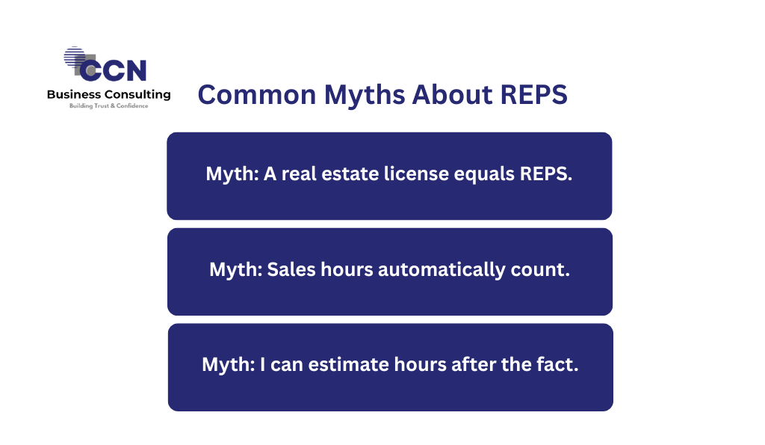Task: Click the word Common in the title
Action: click(257, 94)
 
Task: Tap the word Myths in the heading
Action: click(365, 95)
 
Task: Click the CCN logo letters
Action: click(113, 70)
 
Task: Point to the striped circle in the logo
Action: click(74, 57)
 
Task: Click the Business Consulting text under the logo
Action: click(109, 94)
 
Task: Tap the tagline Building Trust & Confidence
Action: click(109, 105)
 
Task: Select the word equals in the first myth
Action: click(484, 175)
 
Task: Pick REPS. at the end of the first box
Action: click(546, 174)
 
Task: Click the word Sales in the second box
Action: click(291, 269)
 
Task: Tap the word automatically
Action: click(442, 270)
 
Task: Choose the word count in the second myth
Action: click(540, 270)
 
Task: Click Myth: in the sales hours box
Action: click(235, 270)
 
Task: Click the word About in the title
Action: click(452, 94)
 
